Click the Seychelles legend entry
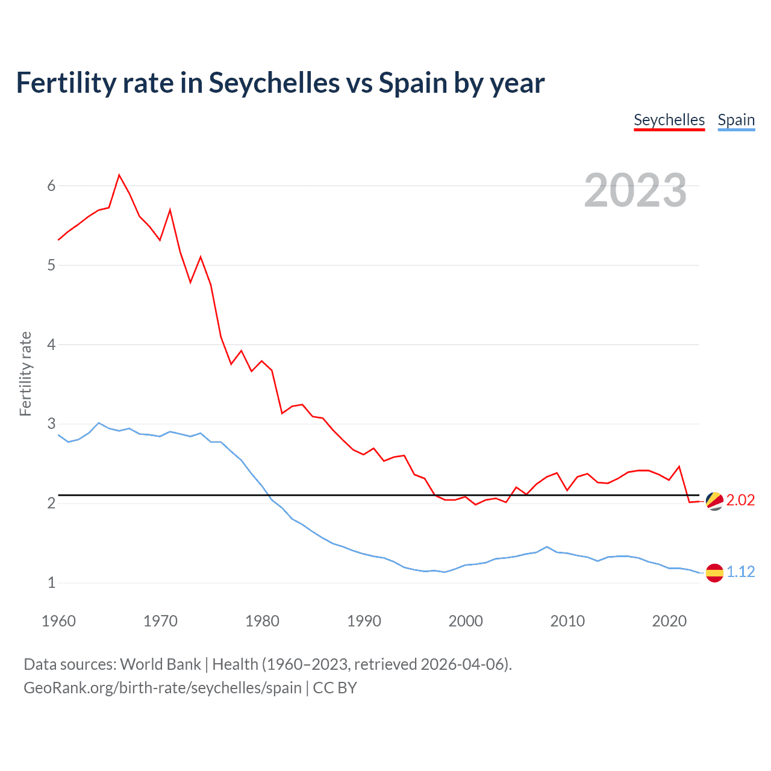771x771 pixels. [669, 120]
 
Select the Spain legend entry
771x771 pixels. [736, 120]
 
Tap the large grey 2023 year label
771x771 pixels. [635, 190]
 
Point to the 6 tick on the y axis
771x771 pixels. [51, 186]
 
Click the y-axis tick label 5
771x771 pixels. [51, 265]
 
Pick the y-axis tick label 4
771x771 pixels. [51, 345]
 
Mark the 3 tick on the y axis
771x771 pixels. [51, 423]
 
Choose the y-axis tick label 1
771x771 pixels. [51, 582]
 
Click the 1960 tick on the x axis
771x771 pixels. [58, 621]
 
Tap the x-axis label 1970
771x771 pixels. [160, 621]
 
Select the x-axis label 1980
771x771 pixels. [262, 621]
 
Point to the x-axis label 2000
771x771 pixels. [466, 621]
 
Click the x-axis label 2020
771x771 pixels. [669, 621]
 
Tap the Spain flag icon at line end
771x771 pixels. [714, 572]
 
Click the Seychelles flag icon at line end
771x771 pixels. [714, 501]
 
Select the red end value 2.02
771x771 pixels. [740, 501]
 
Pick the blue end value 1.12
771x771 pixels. [740, 572]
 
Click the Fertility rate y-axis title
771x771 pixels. [25, 373]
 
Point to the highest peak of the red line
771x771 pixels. [119, 175]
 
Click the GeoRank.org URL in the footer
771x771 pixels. [163, 687]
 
